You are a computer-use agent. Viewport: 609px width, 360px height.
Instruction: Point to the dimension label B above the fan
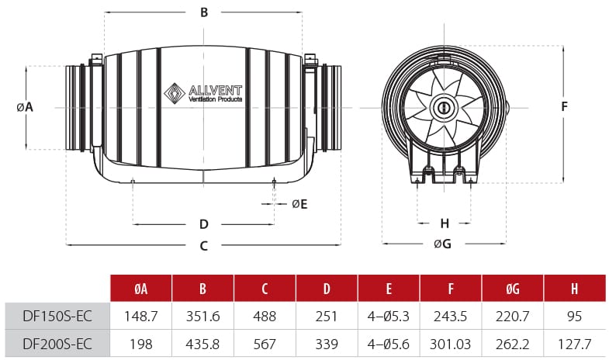[x=204, y=12]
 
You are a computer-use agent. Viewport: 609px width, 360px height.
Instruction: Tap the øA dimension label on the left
[x=25, y=107]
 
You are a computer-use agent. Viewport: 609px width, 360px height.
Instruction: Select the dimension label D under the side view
[x=204, y=224]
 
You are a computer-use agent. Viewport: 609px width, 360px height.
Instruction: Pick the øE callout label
[x=299, y=204]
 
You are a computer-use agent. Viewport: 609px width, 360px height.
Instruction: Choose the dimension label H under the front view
[x=445, y=223]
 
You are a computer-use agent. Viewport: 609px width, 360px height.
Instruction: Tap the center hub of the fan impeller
[x=445, y=107]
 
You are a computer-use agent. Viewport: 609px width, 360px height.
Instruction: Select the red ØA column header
[x=140, y=289]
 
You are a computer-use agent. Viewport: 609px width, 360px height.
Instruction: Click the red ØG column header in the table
[x=513, y=289]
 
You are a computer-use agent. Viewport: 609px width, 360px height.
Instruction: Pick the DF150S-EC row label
[x=57, y=317]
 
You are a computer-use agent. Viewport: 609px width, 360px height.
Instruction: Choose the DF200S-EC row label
[x=57, y=344]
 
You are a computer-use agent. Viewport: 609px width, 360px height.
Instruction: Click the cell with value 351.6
[x=202, y=317]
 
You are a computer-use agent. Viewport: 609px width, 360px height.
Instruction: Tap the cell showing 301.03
[x=451, y=344]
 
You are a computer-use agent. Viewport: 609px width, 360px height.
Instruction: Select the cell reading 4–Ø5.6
[x=389, y=344]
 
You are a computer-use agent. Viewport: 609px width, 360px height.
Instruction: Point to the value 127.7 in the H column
[x=575, y=344]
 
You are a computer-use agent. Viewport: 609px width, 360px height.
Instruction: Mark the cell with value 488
[x=265, y=317]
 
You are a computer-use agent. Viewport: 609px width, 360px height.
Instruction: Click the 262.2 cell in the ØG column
[x=513, y=344]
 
